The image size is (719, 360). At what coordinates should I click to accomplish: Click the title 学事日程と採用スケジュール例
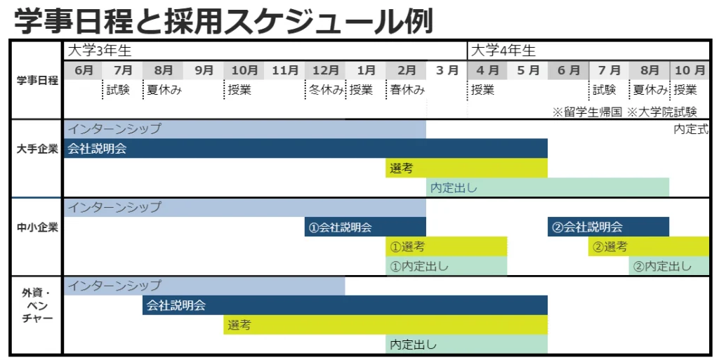click(223, 20)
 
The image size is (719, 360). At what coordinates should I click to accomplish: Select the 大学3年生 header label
click(99, 51)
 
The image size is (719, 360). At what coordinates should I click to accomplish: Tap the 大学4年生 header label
click(503, 51)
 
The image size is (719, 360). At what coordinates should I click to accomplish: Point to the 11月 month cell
click(285, 70)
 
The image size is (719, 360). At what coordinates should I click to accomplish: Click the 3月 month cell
click(447, 70)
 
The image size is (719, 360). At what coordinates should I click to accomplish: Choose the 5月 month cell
click(528, 70)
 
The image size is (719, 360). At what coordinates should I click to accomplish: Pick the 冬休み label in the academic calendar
click(325, 90)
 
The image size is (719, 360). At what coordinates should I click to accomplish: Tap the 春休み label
click(407, 90)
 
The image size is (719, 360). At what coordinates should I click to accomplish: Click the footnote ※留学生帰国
click(587, 112)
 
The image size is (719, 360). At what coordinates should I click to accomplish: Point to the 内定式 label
click(691, 129)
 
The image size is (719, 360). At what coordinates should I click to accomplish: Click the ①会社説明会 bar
click(365, 227)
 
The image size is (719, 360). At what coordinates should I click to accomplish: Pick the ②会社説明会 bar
click(608, 227)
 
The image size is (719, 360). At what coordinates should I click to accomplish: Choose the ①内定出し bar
click(447, 267)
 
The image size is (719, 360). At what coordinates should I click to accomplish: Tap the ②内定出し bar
click(669, 267)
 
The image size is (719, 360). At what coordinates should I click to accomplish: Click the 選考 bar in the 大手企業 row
click(466, 168)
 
